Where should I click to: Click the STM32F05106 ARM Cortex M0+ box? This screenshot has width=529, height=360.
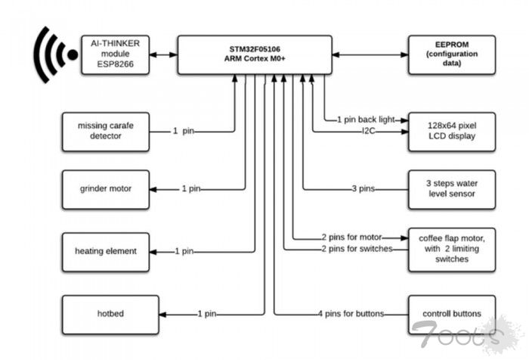tap(255, 54)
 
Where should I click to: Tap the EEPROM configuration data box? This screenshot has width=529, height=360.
tap(451, 54)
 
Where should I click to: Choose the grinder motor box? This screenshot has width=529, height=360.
tap(105, 188)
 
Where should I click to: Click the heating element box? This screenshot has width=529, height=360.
tap(105, 250)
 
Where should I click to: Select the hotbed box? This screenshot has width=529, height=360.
tap(105, 313)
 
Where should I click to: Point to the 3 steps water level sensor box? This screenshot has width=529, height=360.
tap(451, 188)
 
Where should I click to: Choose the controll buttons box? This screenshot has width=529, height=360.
tap(451, 313)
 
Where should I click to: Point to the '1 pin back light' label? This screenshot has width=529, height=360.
tap(366, 119)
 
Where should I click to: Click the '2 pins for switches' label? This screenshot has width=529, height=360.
tap(355, 248)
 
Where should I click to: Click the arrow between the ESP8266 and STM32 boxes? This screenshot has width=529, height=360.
tap(162, 54)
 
